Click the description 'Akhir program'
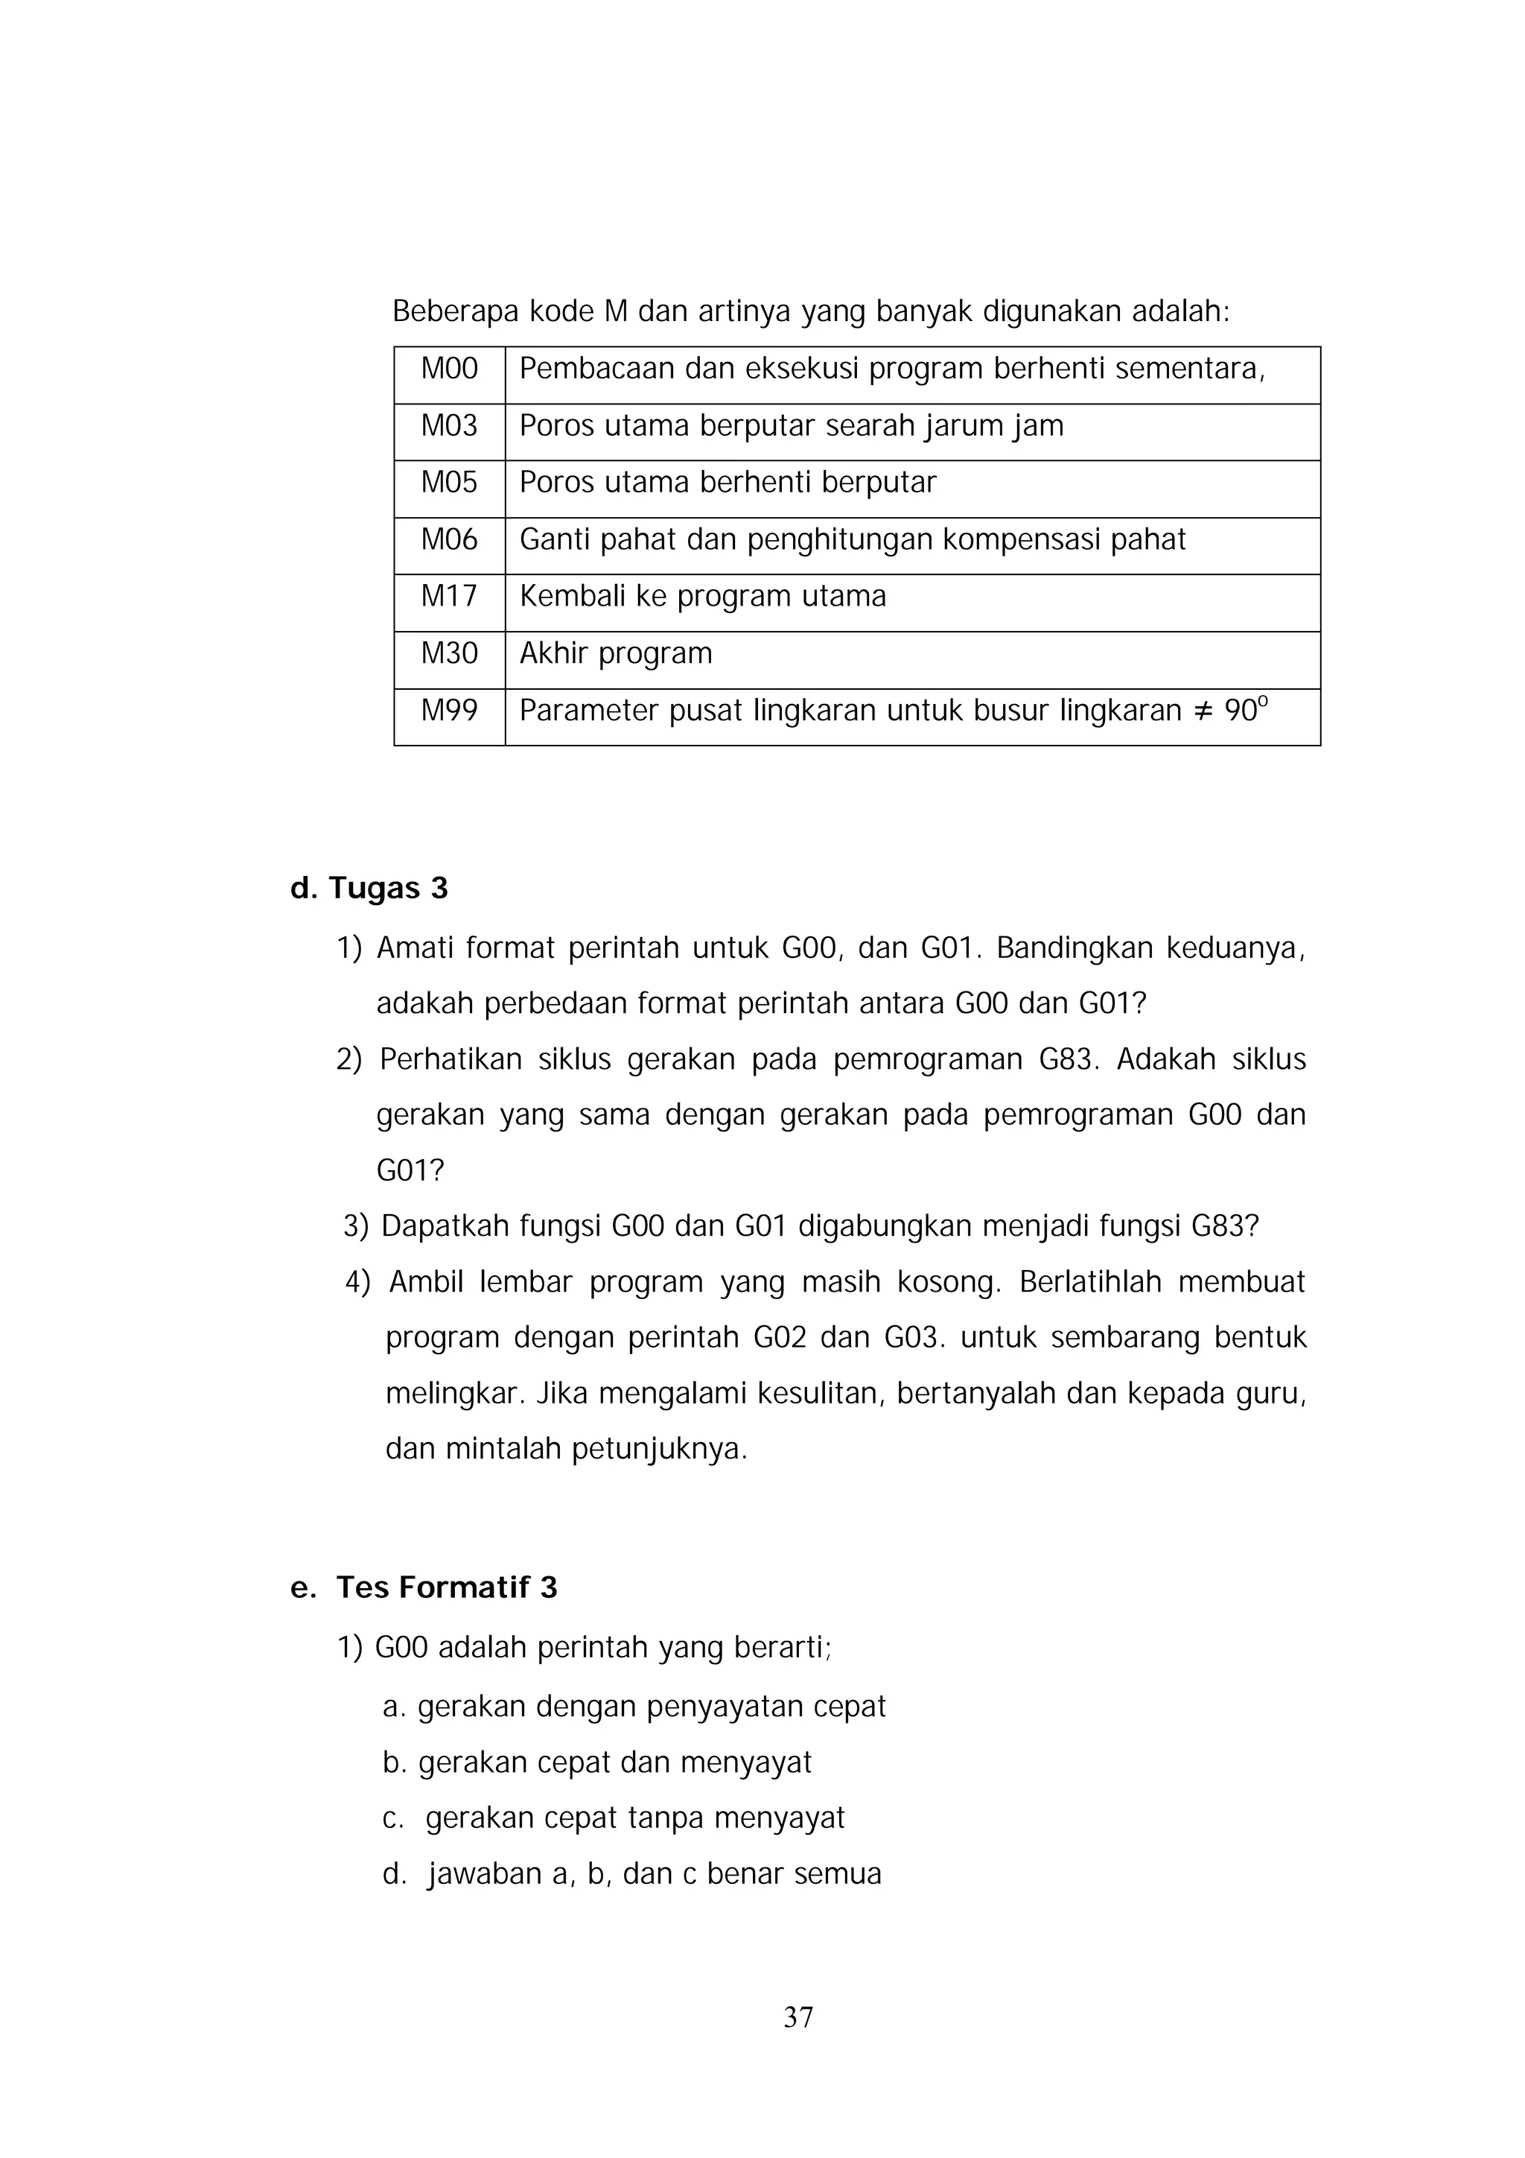point(616,653)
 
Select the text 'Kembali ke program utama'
point(702,596)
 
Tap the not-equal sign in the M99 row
point(1203,711)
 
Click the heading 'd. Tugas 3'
point(369,888)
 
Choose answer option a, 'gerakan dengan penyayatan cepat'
point(634,1706)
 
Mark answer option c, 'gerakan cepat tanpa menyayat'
point(614,1817)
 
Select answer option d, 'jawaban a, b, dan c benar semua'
point(632,1873)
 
